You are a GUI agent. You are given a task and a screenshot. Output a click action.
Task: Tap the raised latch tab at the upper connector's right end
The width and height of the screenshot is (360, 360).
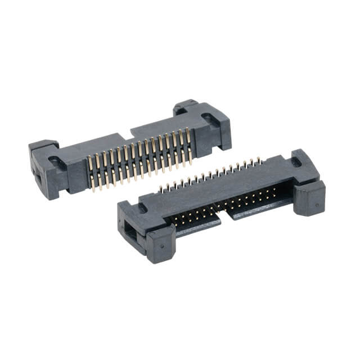coord(186,105)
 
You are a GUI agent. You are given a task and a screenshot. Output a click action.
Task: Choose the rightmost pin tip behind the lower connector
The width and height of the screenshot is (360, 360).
coord(260,160)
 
